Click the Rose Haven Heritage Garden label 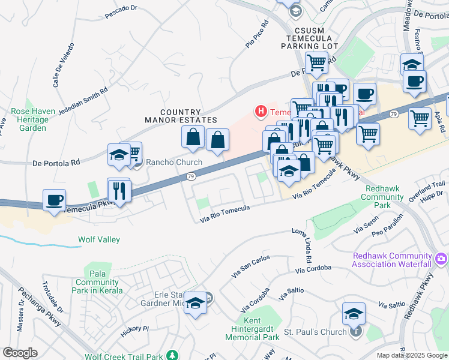tap(32, 120)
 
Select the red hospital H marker tap(261, 111)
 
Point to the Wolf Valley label tap(99, 240)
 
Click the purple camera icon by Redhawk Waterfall tap(442, 259)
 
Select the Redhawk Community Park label tap(386, 197)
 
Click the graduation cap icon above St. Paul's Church tap(354, 314)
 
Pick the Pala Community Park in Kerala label tap(98, 282)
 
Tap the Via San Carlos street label tap(250, 266)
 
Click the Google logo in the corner tap(20, 353)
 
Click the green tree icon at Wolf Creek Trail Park tap(173, 356)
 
